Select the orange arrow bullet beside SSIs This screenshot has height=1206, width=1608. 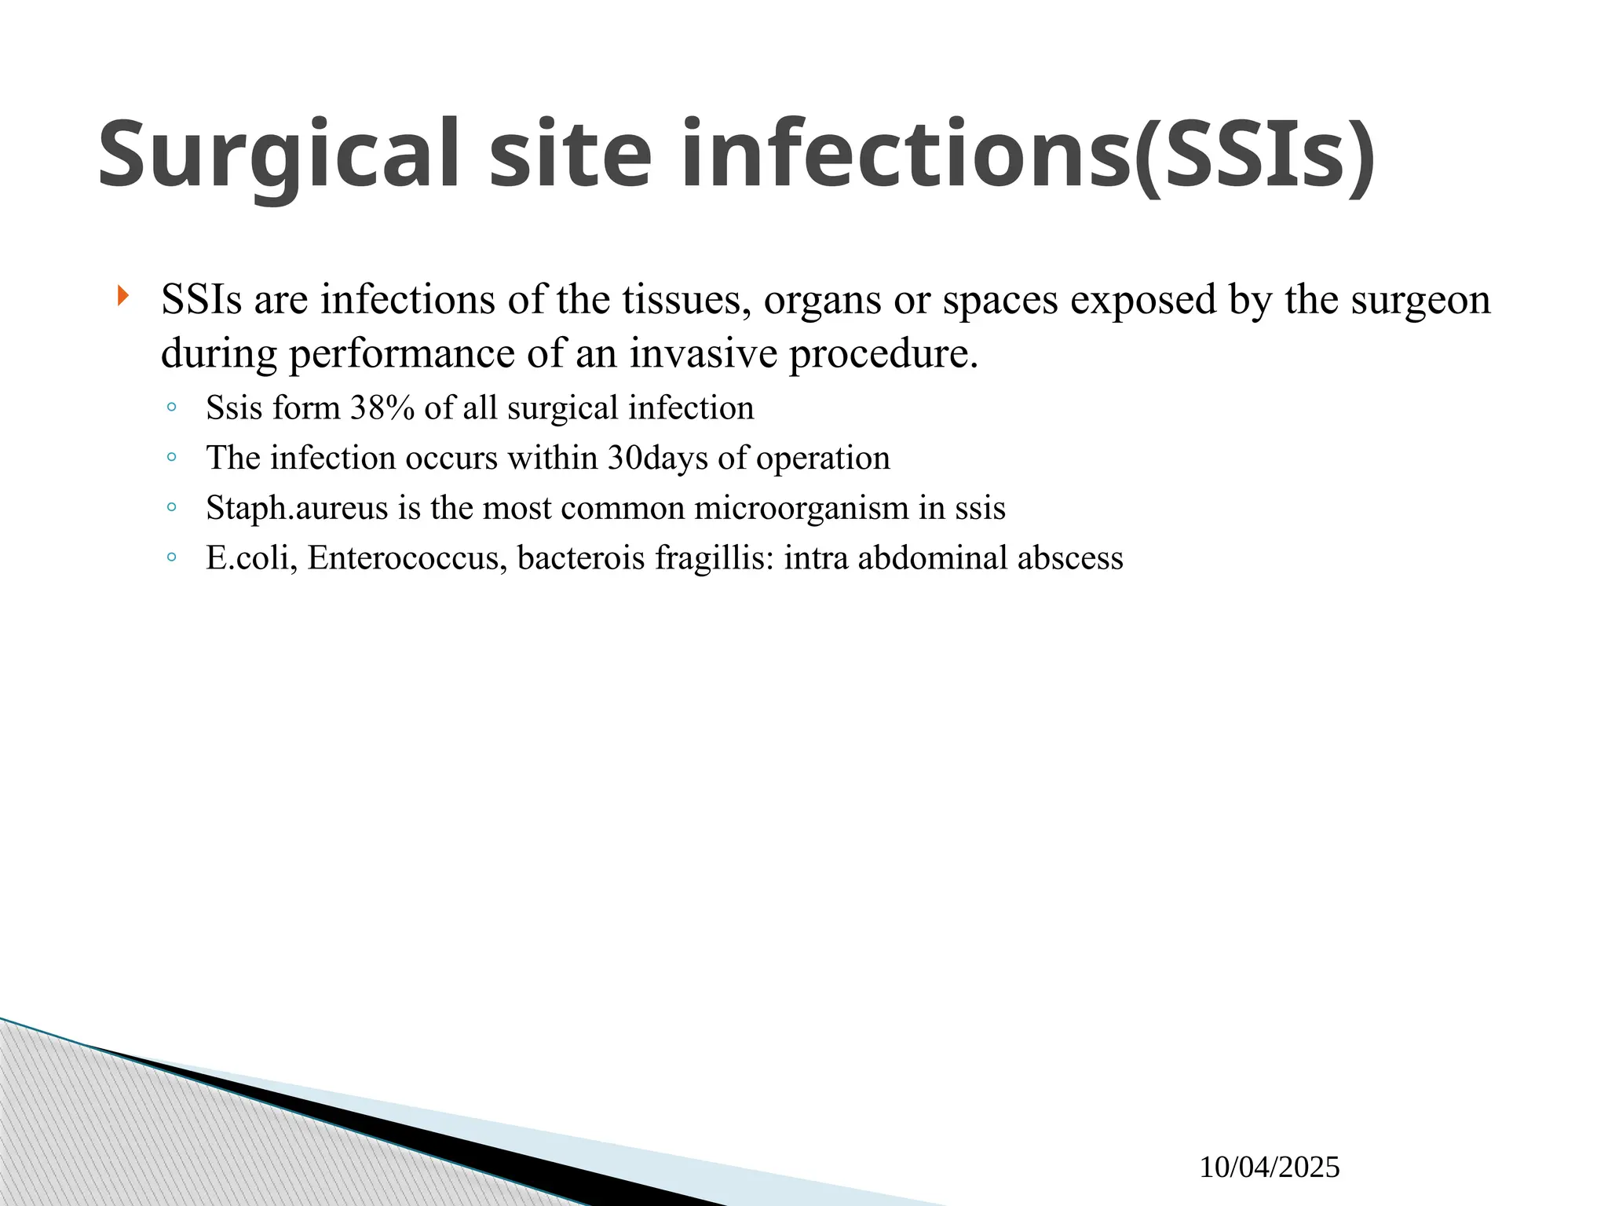(x=122, y=297)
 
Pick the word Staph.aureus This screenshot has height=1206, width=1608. (x=297, y=508)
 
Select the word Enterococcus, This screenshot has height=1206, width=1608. (x=407, y=558)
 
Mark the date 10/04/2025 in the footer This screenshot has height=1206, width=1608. (x=1269, y=1168)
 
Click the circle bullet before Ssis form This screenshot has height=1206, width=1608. (x=171, y=407)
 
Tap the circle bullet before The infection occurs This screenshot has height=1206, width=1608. (x=171, y=458)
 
